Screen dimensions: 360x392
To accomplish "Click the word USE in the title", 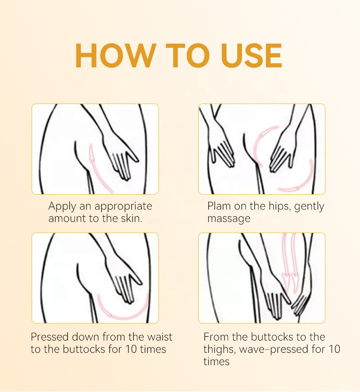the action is [252, 56].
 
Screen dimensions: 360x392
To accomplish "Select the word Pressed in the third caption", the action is [50, 337].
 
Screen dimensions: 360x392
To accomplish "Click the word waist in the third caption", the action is [159, 337].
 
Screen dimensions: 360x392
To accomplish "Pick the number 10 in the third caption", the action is [131, 349].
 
